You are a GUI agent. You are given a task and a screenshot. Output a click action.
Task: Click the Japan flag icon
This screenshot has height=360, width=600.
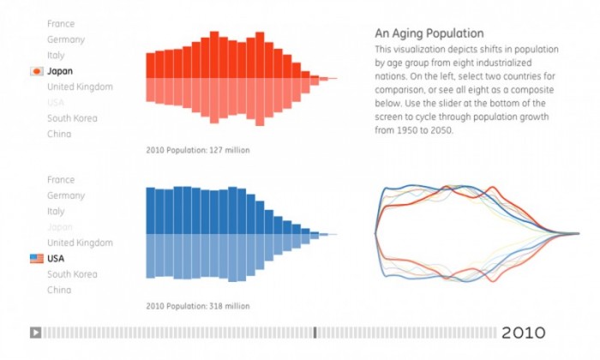[37, 71]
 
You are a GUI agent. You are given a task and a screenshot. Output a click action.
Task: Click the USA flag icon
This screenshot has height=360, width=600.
[37, 259]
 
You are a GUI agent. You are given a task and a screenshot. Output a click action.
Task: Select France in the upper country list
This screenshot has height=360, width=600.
[61, 24]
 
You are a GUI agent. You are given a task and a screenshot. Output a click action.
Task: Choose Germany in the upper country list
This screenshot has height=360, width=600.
[65, 39]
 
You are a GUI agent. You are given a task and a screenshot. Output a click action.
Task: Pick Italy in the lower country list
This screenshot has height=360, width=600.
[56, 212]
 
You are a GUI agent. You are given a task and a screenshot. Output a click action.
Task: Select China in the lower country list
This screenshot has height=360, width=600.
[59, 290]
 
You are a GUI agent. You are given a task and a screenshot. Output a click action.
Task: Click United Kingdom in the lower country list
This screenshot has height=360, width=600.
[80, 243]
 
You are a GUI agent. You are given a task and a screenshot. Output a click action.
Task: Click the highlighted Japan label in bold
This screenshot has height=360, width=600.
[61, 71]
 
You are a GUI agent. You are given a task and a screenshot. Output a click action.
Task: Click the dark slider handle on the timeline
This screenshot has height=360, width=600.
[315, 333]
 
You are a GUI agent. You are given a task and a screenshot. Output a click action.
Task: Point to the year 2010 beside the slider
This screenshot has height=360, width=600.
[523, 333]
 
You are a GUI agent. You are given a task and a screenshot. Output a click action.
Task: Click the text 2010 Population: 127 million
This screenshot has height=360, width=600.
[198, 150]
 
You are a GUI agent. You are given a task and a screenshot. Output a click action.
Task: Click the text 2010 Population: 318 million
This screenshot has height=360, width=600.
[198, 306]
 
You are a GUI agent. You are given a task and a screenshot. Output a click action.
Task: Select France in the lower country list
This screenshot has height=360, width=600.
[61, 181]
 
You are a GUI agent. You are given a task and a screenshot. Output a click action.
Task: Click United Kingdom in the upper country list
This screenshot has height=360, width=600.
[80, 87]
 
